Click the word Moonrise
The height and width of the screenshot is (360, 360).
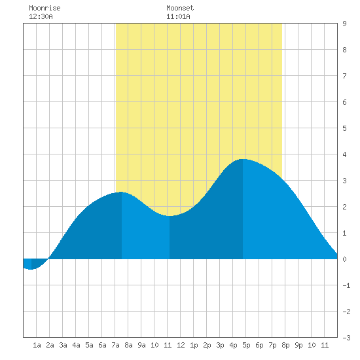pos(45,8)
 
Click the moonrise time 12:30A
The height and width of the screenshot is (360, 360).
pos(41,16)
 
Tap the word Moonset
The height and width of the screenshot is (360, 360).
pos(180,8)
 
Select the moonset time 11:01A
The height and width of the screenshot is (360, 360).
pos(178,16)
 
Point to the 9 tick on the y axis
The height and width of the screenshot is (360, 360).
pos(344,24)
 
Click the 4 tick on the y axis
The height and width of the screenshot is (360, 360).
pos(344,154)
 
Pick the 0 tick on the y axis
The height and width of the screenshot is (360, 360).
pos(344,259)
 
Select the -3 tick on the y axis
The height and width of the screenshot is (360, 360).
pos(346,338)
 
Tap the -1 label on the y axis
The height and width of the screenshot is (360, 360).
pos(346,285)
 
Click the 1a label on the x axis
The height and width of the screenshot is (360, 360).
pos(37,345)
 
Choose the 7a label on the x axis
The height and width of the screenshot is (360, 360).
pos(115,345)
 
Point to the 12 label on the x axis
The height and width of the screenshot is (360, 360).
pos(181,345)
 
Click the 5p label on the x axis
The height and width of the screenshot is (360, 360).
pos(246,345)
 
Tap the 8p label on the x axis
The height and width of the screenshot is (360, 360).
pos(285,345)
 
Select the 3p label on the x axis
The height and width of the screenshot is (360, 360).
pos(220,345)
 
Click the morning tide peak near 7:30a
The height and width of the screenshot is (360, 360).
pos(122,192)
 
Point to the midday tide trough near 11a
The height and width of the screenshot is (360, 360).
pos(170,216)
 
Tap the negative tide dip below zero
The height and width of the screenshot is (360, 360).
pos(31,269)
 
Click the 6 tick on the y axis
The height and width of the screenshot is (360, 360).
pos(344,102)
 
